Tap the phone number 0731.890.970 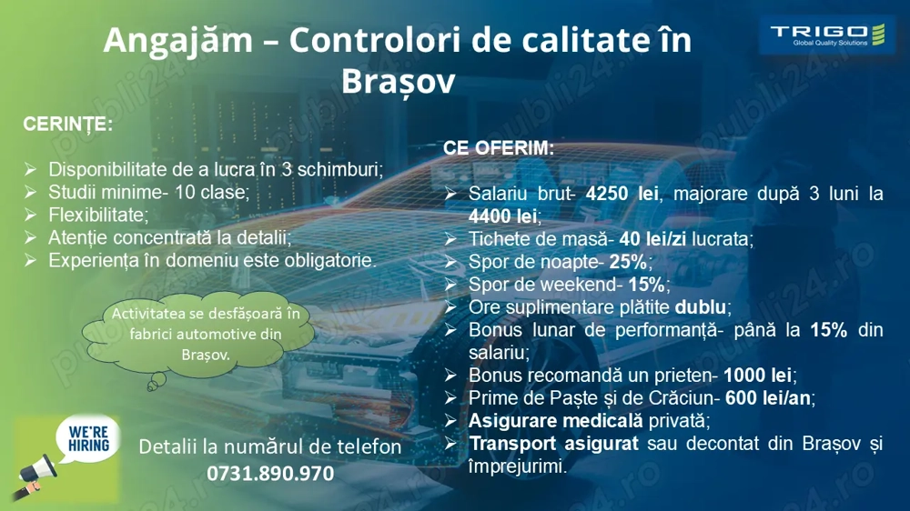[270, 474]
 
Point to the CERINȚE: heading [67, 125]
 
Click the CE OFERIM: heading [498, 147]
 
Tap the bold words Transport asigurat [555, 444]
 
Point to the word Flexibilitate [96, 215]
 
